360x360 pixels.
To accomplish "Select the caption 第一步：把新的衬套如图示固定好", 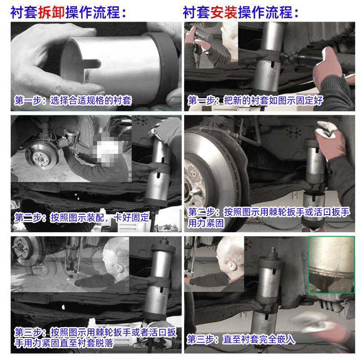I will pos(256,100).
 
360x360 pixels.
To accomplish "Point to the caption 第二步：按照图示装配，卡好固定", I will pos(81,217).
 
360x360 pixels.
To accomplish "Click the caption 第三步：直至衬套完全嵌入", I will pos(241,339).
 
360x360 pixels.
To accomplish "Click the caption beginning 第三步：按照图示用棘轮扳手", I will pos(94,337).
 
